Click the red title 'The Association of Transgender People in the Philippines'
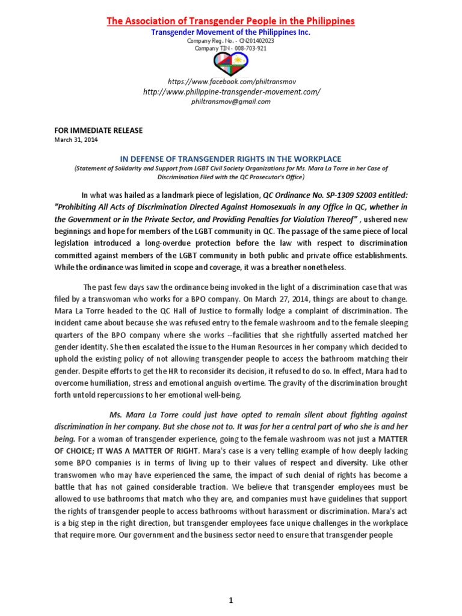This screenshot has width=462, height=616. [231, 21]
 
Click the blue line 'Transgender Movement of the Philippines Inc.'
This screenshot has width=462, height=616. [231, 32]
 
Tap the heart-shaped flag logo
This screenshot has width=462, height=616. [231, 63]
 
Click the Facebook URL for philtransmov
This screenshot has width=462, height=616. [231, 81]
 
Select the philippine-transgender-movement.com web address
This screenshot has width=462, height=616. [231, 91]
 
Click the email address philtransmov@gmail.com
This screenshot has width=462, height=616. [231, 102]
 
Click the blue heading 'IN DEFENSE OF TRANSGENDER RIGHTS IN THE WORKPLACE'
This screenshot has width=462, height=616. [231, 158]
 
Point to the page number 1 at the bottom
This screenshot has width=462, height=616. [231, 600]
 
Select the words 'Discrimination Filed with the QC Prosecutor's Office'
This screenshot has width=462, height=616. [231, 177]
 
